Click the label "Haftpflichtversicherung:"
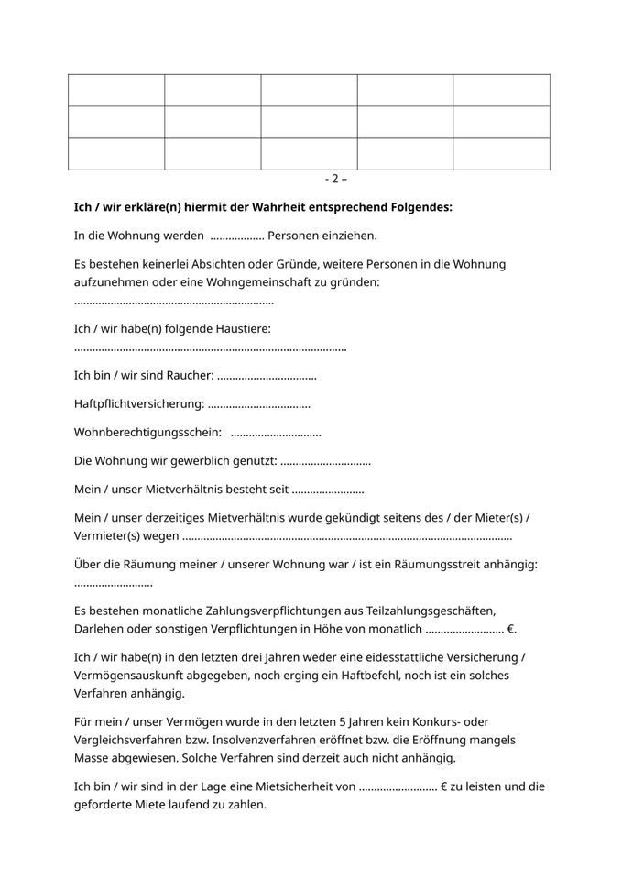tap(138, 403)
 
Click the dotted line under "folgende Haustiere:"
tap(210, 348)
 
